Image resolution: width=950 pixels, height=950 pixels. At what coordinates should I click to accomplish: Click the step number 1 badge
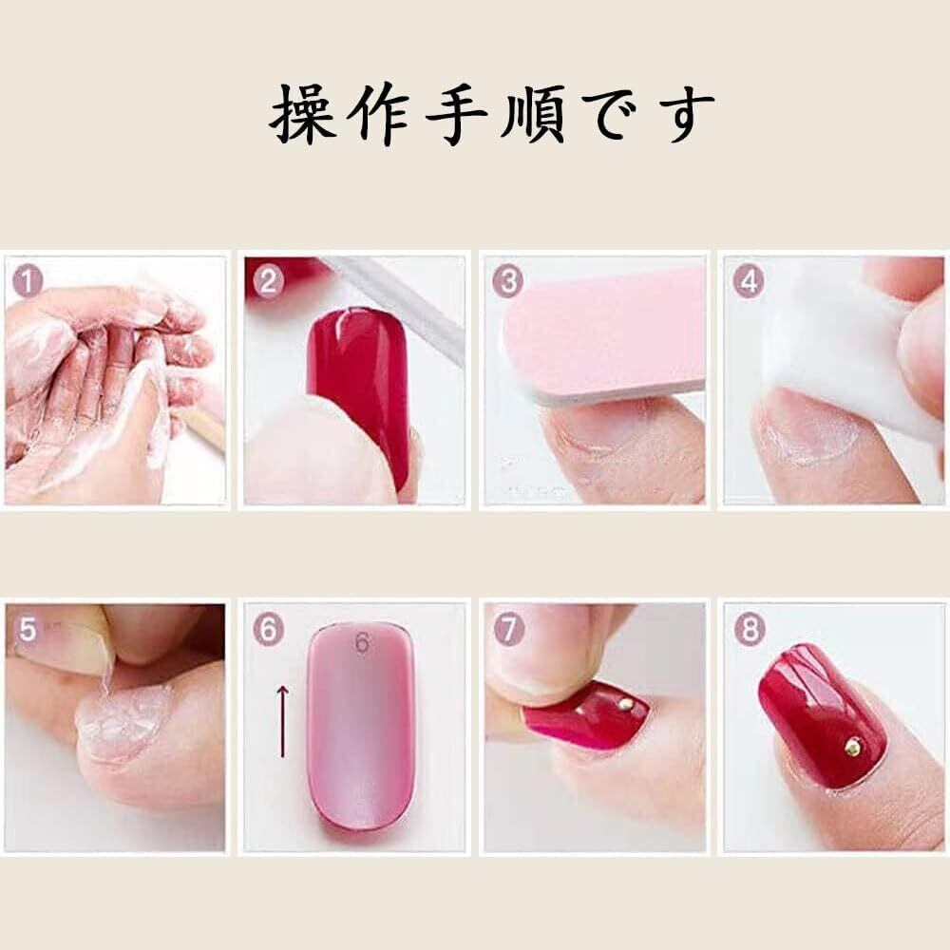28,282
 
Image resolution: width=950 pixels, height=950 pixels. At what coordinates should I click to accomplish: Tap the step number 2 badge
269,282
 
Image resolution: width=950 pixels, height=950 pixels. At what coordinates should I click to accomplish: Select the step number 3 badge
507,282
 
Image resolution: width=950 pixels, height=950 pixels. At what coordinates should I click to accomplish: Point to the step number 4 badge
749,282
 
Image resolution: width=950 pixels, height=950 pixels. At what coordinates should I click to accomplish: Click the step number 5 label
28,630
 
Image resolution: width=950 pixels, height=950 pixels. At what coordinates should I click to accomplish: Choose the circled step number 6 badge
269,630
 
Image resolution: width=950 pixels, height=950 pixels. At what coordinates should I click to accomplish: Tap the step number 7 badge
507,630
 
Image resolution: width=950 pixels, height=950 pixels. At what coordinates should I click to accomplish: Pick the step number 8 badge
749,630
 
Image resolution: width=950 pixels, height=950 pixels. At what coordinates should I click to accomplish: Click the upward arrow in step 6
282,721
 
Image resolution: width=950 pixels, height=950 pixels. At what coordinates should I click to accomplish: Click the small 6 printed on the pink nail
362,643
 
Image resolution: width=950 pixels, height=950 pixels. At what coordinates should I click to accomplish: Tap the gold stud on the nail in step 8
854,749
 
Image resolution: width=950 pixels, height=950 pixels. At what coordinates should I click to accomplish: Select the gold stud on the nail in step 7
626,704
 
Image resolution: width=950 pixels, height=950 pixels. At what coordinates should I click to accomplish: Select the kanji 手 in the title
456,115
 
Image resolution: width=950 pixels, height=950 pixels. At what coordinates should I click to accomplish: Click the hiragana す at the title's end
685,115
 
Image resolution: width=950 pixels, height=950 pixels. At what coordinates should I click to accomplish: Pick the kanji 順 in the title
533,115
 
